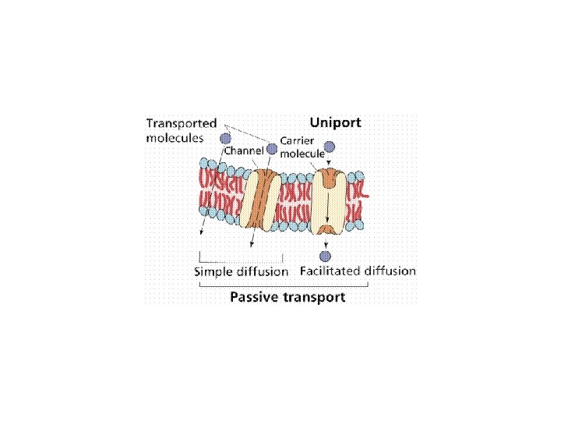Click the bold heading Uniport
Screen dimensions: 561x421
336,122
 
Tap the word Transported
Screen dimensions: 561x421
183,123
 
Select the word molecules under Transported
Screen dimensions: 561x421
175,137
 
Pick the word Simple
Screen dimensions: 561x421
212,272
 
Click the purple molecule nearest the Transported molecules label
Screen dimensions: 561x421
226,139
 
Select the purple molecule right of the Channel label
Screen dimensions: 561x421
272,147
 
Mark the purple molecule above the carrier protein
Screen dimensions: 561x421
330,146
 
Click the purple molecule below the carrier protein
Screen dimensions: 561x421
326,256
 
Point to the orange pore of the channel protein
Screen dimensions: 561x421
265,198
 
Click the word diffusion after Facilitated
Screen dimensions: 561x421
389,271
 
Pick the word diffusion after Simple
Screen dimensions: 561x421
261,272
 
